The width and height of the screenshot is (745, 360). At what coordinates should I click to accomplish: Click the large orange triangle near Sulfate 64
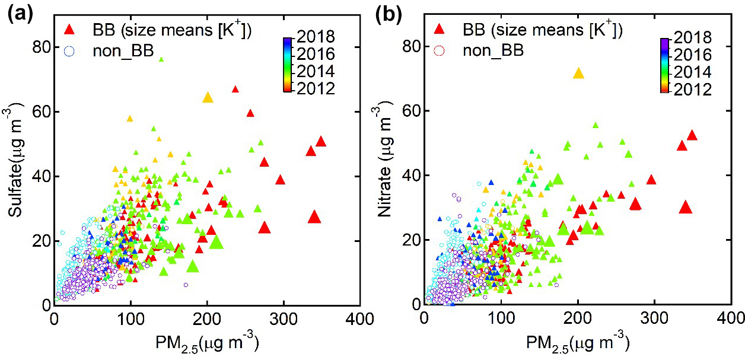(x=208, y=98)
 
